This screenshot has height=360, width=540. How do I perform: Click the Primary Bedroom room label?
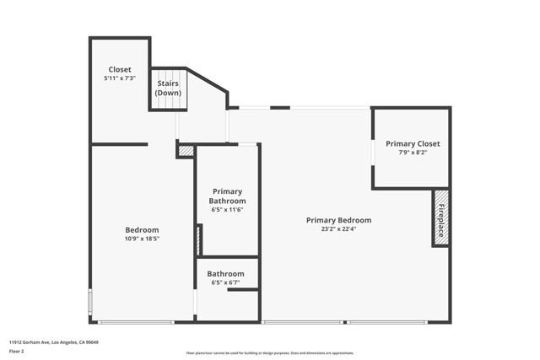pyautogui.click(x=338, y=220)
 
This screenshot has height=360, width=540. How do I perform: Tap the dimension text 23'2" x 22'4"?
pyautogui.click(x=338, y=228)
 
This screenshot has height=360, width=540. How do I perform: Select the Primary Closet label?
pyautogui.click(x=413, y=143)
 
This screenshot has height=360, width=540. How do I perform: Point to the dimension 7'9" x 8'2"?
pyautogui.click(x=413, y=153)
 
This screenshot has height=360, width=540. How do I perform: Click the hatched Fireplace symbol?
pyautogui.click(x=441, y=218)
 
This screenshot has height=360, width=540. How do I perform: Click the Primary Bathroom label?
pyautogui.click(x=227, y=196)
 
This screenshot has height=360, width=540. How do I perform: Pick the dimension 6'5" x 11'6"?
pyautogui.click(x=227, y=209)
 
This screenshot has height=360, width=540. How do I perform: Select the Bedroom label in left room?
pyautogui.click(x=142, y=229)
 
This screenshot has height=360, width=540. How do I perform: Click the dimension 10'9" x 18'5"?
pyautogui.click(x=142, y=239)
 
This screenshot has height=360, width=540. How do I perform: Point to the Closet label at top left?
pyautogui.click(x=119, y=69)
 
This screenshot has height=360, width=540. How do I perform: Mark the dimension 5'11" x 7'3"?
pyautogui.click(x=119, y=78)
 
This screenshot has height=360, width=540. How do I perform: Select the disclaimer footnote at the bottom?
pyautogui.click(x=270, y=352)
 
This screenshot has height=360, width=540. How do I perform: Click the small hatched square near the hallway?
pyautogui.click(x=186, y=151)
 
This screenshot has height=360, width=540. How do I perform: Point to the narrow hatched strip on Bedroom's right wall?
pyautogui.click(x=197, y=241)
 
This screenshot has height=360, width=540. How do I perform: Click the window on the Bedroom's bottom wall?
pyautogui.click(x=135, y=321)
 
